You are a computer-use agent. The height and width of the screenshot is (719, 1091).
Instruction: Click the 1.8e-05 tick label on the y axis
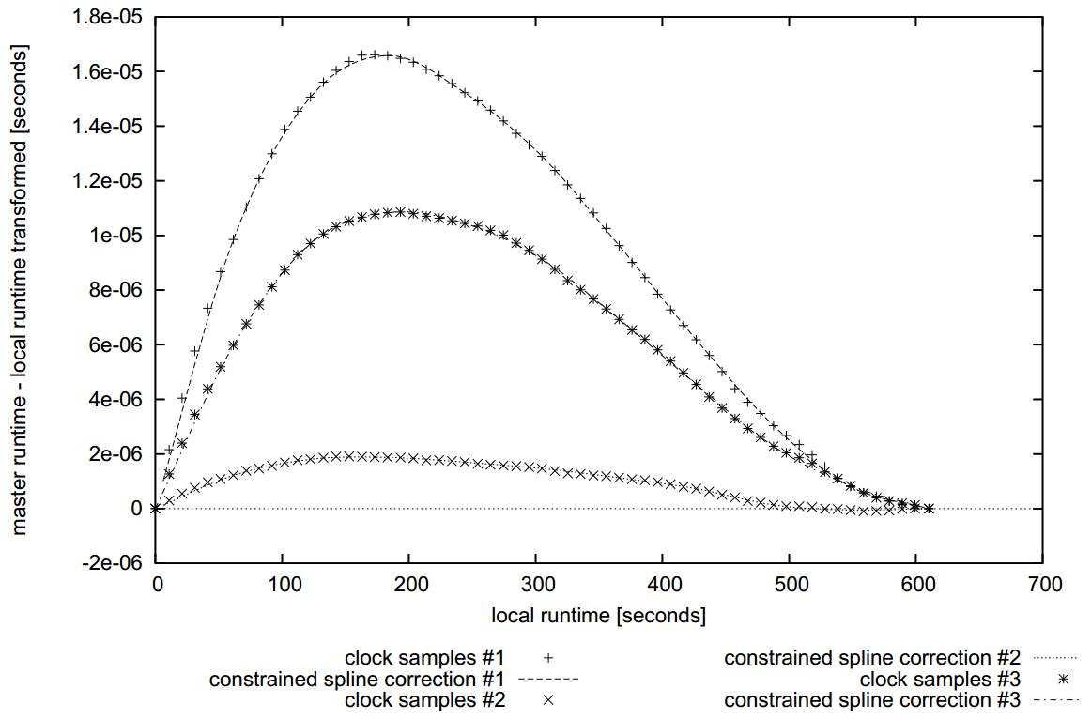[110, 17]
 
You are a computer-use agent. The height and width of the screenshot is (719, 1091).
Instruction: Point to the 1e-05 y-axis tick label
[117, 236]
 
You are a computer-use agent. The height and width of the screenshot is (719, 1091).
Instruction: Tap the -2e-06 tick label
[114, 563]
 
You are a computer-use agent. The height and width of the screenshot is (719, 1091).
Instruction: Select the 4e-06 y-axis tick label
[117, 400]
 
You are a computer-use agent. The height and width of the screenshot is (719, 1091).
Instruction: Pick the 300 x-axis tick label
[536, 585]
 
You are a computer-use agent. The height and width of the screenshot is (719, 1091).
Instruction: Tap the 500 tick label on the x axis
[789, 585]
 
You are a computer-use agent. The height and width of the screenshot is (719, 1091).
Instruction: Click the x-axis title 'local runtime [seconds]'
[598, 617]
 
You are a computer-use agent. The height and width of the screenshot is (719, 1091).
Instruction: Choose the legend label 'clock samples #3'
[941, 679]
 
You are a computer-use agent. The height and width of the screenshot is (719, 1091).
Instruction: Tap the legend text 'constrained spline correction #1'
[359, 679]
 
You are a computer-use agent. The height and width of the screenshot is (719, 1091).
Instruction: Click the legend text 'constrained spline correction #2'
[872, 657]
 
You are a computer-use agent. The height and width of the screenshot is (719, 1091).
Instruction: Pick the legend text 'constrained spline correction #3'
[872, 699]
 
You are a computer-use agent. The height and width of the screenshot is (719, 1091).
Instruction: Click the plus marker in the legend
[549, 657]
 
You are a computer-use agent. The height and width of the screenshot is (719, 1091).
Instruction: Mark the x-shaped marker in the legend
[549, 699]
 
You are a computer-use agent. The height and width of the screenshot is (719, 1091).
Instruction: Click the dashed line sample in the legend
[549, 679]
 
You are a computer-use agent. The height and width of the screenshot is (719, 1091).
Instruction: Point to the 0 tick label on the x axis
[157, 585]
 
